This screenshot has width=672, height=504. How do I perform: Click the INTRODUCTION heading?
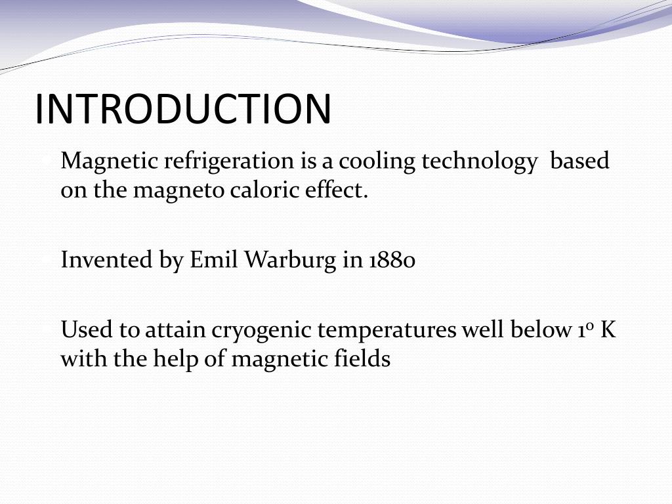point(183,109)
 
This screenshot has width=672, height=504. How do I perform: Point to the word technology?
point(478,161)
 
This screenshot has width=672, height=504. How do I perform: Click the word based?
point(579,161)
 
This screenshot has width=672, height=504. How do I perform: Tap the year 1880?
point(392,261)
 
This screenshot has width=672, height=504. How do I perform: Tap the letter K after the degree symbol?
point(608,330)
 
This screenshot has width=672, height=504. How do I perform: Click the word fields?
point(365,360)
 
